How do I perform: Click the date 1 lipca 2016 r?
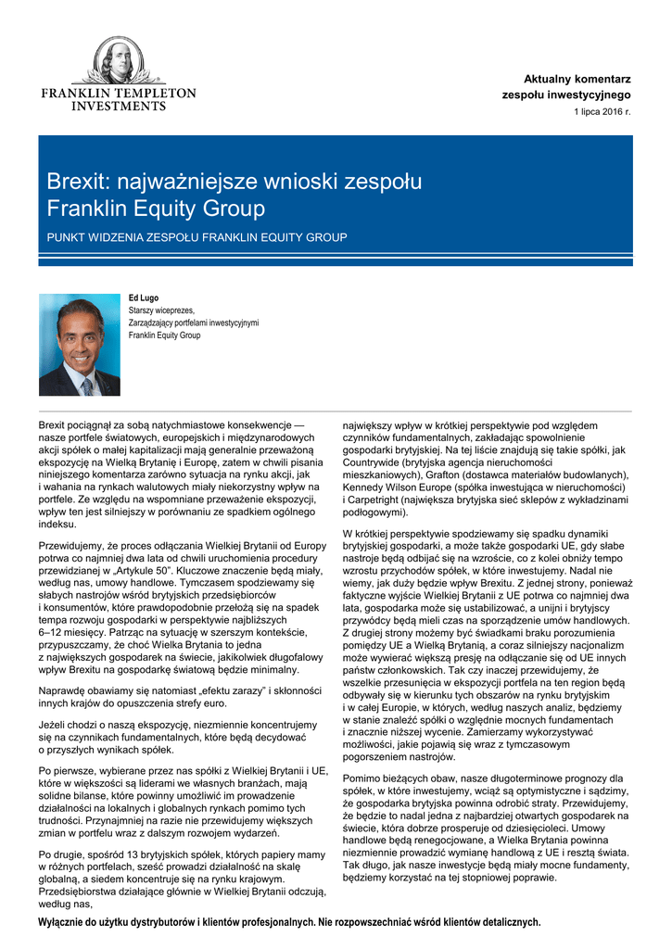tap(602, 112)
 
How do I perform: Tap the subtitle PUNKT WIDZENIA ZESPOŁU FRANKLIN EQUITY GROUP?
tap(197, 238)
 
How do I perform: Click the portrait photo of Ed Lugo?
tap(80, 345)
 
